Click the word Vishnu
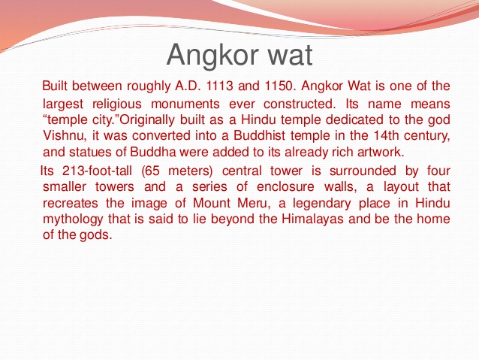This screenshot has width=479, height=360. tap(65, 136)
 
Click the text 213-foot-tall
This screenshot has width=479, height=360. tap(92, 171)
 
